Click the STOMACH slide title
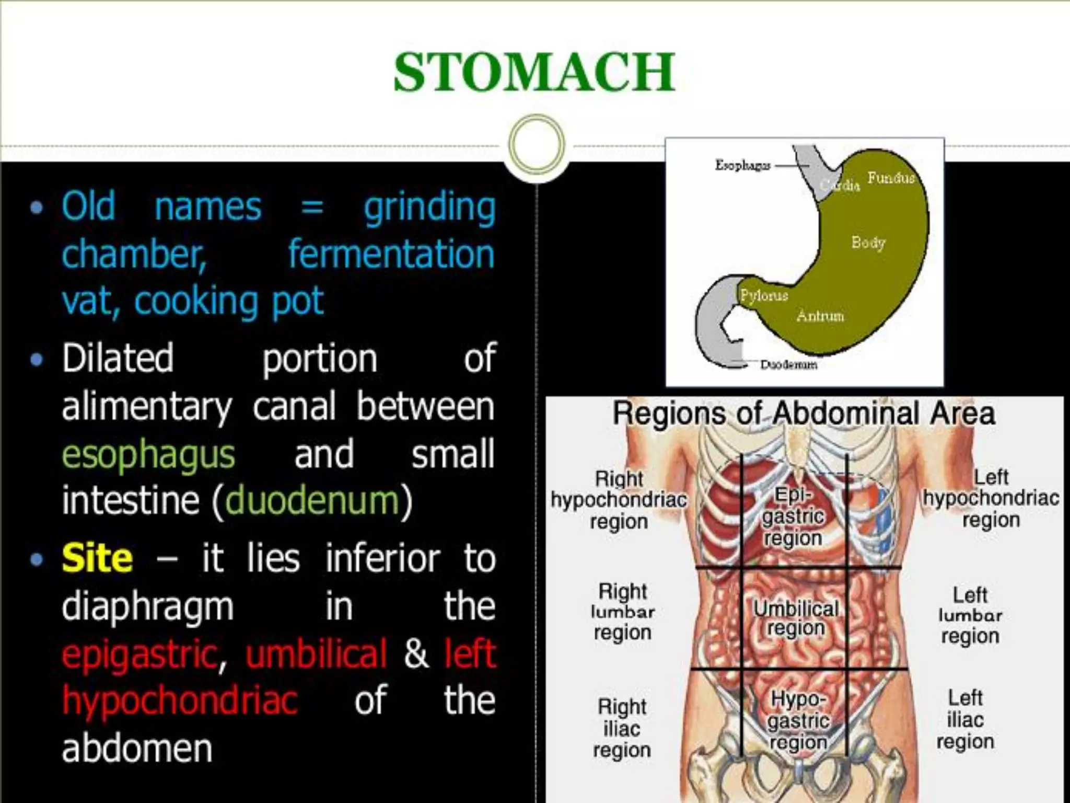(534, 72)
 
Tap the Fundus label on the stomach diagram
(891, 178)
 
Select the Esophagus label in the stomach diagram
(742, 165)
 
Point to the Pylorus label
(763, 296)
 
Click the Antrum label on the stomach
(820, 316)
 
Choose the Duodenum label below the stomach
(788, 364)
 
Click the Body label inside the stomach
(868, 243)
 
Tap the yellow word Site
(97, 558)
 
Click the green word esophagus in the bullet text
(148, 454)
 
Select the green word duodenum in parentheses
(312, 500)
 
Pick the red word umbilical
(316, 653)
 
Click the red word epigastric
(139, 653)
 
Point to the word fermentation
(391, 254)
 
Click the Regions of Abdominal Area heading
(804, 414)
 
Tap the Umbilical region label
(796, 618)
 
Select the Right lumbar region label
(623, 612)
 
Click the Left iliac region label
(965, 719)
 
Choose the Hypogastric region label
(798, 720)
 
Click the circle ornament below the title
(537, 144)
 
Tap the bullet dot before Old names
(37, 208)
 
